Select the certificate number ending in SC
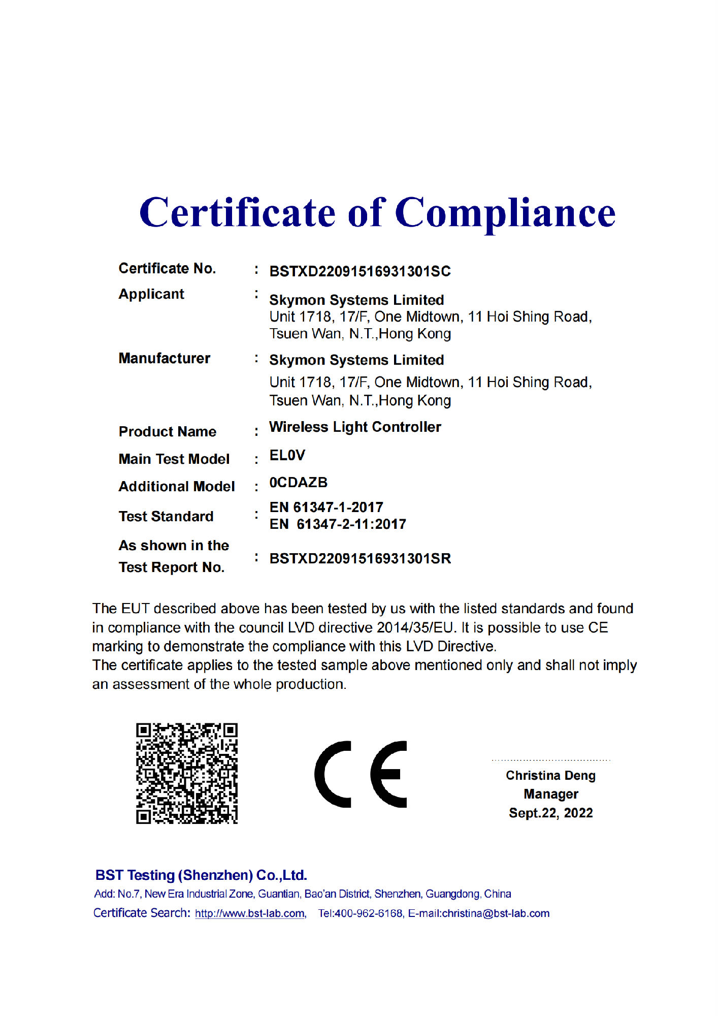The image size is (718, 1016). [360, 271]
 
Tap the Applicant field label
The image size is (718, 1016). [151, 294]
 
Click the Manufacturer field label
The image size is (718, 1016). [164, 359]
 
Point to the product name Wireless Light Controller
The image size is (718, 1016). [355, 427]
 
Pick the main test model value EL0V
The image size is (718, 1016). [287, 456]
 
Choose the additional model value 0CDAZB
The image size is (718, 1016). [298, 483]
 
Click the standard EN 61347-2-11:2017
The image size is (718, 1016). [338, 524]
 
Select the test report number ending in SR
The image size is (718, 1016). [360, 559]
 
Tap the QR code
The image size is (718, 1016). [187, 773]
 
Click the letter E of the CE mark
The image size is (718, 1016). [388, 774]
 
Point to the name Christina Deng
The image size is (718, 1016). [550, 776]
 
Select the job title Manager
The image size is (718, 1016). [550, 794]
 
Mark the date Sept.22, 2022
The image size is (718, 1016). [550, 813]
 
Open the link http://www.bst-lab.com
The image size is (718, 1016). [250, 913]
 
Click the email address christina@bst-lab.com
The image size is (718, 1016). [496, 913]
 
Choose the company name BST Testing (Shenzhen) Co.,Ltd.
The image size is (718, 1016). [201, 875]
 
